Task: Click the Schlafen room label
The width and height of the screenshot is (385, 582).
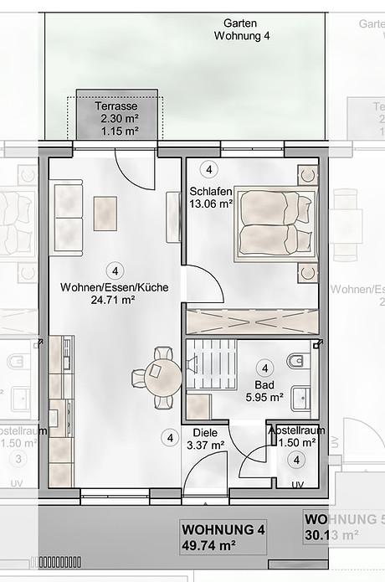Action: (x=211, y=190)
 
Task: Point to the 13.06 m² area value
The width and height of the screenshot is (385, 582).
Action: (x=211, y=203)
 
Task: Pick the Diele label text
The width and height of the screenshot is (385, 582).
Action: (x=205, y=433)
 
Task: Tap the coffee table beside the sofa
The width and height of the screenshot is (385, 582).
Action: (x=105, y=213)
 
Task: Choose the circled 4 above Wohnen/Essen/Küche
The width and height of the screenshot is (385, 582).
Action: (x=114, y=270)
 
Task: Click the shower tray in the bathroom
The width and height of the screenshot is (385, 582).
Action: (x=201, y=407)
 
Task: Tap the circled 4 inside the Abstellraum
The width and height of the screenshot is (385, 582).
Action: (x=296, y=460)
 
